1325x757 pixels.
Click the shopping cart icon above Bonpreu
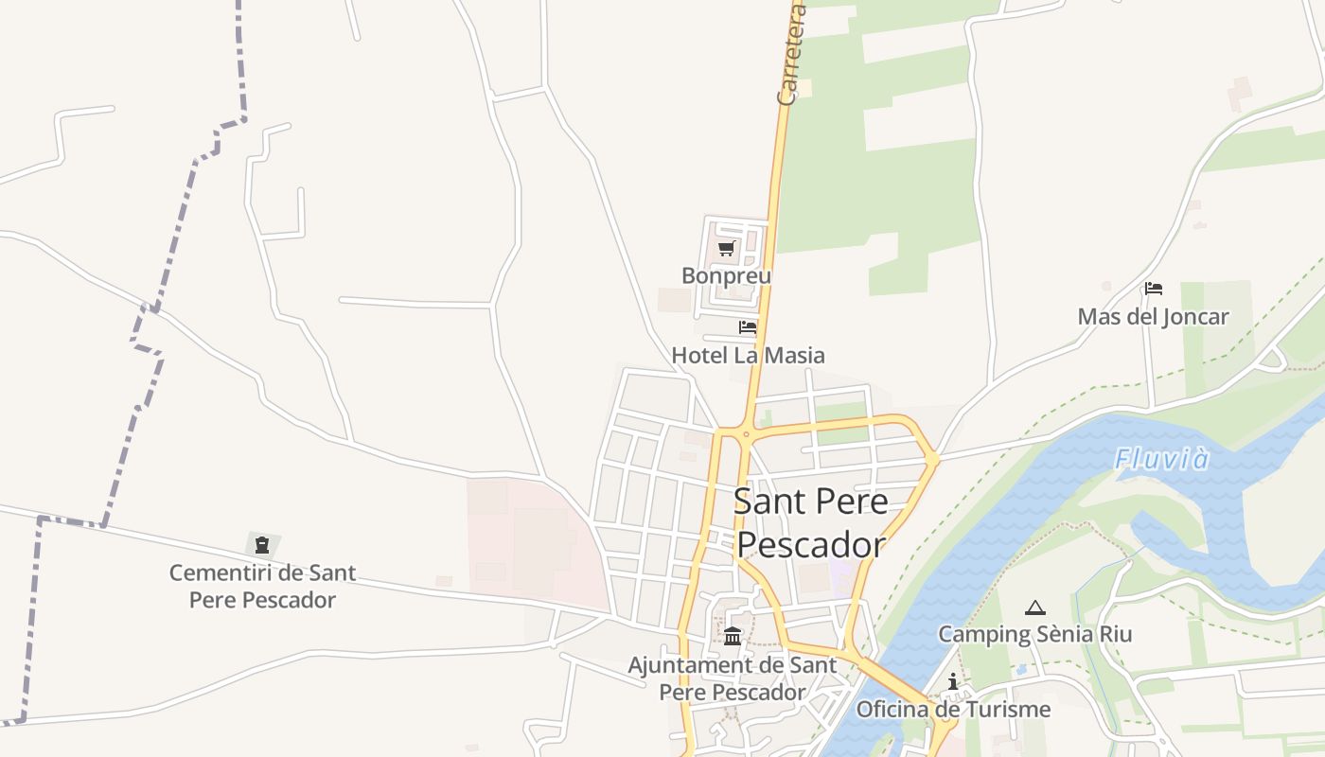point(726,249)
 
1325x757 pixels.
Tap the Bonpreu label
point(726,276)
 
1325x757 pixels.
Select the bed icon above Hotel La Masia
point(748,327)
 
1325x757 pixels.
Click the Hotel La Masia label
point(748,356)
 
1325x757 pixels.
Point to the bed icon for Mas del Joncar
point(1153,289)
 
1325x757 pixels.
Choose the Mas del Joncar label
point(1153,317)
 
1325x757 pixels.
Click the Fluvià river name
point(1161,460)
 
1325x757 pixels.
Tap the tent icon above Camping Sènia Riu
point(1034,607)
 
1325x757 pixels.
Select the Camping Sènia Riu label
point(1034,634)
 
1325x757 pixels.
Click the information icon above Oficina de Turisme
point(952,682)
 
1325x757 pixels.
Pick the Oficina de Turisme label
point(953,710)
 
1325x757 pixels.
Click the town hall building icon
point(733,636)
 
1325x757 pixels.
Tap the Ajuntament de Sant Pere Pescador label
point(733,678)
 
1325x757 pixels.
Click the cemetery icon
point(262,545)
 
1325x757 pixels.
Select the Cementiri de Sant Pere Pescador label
point(262,586)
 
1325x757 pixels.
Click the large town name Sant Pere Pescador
point(811,522)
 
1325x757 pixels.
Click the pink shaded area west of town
point(535,539)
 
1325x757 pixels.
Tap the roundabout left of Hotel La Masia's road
point(745,436)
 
